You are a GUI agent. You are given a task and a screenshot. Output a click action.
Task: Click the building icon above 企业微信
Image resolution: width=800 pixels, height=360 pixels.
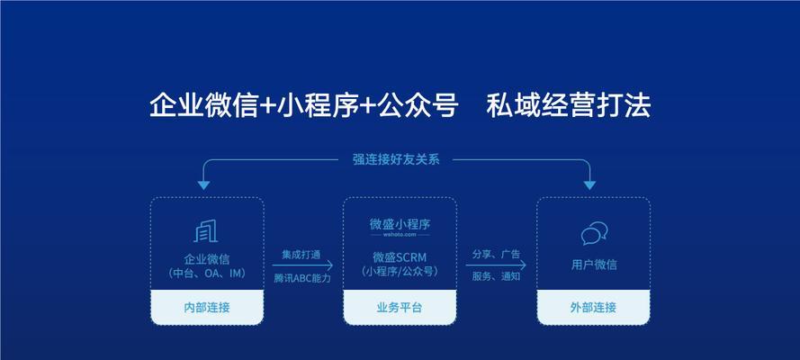[206, 231]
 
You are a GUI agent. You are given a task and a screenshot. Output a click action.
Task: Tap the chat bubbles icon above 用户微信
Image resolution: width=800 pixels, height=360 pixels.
[595, 234]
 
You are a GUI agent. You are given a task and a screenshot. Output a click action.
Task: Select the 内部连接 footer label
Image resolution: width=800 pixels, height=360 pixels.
[207, 308]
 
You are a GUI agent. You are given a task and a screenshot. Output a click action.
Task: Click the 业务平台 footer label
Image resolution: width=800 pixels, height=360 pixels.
[400, 308]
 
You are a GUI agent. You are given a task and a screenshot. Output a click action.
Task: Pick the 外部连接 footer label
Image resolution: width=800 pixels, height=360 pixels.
[593, 308]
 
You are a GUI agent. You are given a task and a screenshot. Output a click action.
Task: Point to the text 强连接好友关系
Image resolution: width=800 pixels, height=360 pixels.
[396, 159]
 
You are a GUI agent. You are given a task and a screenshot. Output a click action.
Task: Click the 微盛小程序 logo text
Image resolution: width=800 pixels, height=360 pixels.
[400, 224]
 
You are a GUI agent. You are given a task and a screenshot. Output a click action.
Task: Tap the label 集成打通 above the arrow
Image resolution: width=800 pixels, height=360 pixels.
[301, 255]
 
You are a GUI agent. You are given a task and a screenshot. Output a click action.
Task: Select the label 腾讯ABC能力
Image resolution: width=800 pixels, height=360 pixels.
[302, 278]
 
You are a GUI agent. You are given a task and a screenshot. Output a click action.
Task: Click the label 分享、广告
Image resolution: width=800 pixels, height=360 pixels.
[496, 255]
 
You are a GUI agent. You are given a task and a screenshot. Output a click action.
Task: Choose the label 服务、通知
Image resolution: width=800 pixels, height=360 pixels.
[496, 277]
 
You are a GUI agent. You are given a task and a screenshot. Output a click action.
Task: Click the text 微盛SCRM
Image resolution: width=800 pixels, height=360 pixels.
[400, 257]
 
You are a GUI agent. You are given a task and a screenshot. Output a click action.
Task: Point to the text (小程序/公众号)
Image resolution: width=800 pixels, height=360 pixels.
[400, 272]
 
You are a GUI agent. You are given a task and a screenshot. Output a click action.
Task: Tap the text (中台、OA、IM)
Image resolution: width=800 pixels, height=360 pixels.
[207, 274]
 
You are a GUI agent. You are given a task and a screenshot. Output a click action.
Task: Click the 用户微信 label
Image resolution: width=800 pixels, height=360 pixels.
[593, 265]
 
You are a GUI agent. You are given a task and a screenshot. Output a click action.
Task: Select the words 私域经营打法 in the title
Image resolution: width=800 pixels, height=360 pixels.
[569, 106]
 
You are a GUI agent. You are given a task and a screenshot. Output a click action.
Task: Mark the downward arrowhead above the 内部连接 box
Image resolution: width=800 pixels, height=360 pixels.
[203, 185]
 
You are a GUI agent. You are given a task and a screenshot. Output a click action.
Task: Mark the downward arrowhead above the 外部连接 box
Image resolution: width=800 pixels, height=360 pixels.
[589, 185]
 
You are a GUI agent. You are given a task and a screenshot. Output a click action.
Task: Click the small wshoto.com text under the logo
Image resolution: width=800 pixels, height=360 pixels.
[400, 235]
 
